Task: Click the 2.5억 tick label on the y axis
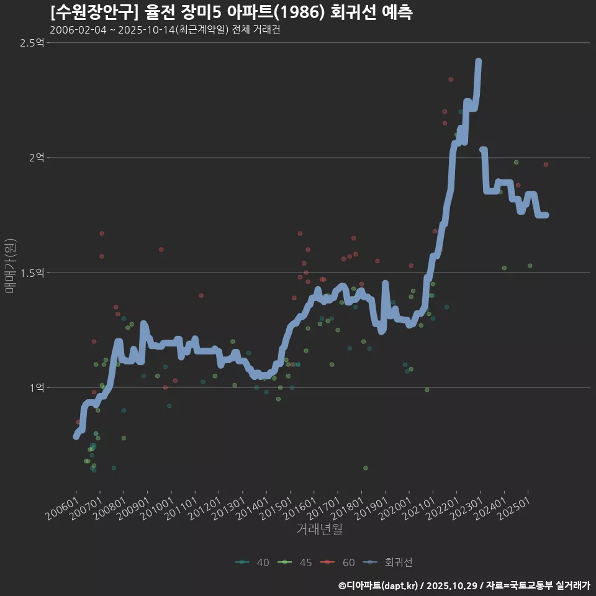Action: click(32, 43)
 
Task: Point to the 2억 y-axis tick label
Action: click(36, 158)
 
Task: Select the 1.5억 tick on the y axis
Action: click(32, 273)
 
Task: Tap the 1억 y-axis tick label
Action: click(36, 387)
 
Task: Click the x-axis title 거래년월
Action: click(319, 529)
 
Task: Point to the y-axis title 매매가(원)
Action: click(10, 266)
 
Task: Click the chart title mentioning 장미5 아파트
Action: click(232, 12)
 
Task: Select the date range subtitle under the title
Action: click(165, 30)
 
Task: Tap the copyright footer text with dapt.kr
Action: click(464, 585)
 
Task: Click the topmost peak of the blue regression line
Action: click(479, 61)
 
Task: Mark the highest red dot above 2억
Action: click(451, 79)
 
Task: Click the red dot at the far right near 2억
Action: click(546, 165)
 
